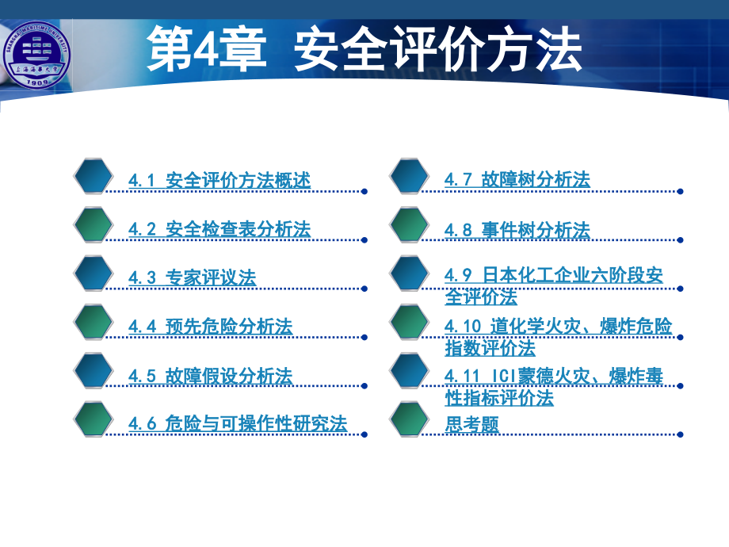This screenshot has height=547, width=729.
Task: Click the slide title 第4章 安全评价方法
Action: [x=364, y=49]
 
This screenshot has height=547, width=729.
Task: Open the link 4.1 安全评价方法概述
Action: [x=219, y=181]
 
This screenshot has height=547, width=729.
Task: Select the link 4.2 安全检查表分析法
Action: [x=219, y=230]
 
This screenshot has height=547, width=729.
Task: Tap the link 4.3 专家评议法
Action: [x=192, y=278]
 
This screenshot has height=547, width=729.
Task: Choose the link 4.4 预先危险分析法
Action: [x=210, y=327]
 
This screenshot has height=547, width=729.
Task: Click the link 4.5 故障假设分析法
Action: [x=210, y=375]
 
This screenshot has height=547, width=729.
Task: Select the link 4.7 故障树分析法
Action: [x=517, y=181]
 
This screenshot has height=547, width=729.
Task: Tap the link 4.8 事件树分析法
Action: [x=517, y=230]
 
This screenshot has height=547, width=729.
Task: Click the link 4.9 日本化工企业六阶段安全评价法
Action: [x=553, y=285]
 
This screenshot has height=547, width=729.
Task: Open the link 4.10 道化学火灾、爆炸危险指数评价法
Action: [x=557, y=336]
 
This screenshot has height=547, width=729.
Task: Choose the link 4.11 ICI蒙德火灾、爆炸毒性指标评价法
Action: [x=553, y=386]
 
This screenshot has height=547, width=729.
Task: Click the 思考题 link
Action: [x=471, y=424]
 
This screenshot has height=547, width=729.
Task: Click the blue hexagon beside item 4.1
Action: [x=94, y=177]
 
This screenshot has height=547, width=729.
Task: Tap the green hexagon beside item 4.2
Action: [x=94, y=226]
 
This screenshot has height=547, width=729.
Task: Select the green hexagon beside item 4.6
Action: [x=94, y=420]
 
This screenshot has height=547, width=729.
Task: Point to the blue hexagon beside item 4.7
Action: [x=410, y=177]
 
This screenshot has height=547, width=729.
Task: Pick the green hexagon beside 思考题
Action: [x=410, y=420]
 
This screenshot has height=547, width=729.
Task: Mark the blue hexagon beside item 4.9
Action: [x=410, y=274]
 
